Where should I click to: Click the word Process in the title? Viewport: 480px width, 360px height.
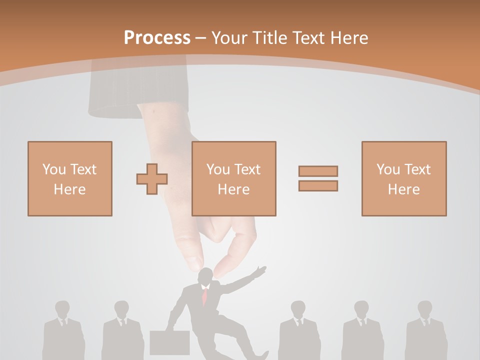pos(157,37)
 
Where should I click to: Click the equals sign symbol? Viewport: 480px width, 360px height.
pos(318,178)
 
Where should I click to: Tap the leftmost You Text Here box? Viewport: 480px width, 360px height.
pos(69,178)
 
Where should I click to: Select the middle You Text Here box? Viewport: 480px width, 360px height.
pos(233,178)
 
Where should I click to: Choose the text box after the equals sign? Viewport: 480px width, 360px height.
pos(403,178)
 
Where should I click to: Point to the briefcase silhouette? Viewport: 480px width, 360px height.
pos(169,342)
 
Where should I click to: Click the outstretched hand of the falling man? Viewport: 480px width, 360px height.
pos(259,271)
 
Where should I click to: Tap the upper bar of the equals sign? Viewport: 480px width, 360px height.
pos(318,171)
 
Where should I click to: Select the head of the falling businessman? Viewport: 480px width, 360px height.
pos(204,277)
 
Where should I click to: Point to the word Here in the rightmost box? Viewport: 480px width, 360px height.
pos(403,189)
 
